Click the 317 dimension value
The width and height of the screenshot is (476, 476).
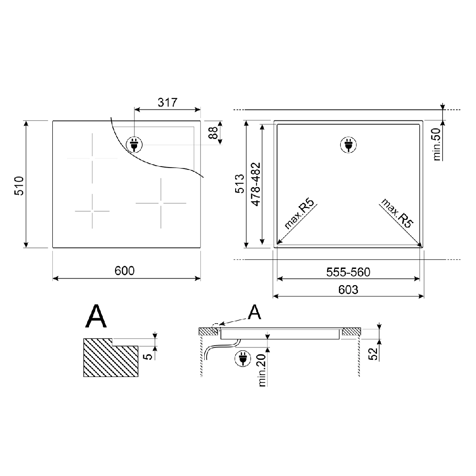[x=167, y=102]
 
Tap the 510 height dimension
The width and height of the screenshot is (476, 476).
[x=19, y=186]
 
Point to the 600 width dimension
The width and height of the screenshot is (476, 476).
[x=124, y=270]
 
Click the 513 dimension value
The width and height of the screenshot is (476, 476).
[x=239, y=183]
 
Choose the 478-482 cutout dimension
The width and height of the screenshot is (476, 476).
[x=256, y=184]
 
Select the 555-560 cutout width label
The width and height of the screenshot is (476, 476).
[x=348, y=272]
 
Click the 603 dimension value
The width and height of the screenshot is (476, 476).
[x=348, y=289]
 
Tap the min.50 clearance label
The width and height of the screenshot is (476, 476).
[x=437, y=144]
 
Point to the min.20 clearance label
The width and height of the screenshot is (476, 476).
[x=262, y=370]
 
